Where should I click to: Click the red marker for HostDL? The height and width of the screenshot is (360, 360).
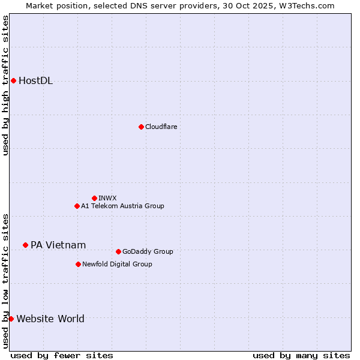[13, 80]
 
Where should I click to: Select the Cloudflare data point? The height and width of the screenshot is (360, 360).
[141, 127]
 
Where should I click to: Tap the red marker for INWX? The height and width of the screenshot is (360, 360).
[94, 198]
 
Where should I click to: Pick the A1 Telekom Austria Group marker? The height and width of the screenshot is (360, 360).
[77, 206]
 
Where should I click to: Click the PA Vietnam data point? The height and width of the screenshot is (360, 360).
[25, 245]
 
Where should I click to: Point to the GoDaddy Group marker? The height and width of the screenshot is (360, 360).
[118, 251]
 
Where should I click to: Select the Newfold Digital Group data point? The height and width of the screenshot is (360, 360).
[78, 264]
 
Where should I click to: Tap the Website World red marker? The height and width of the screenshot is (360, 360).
[11, 319]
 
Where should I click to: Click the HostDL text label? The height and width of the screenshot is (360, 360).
[36, 81]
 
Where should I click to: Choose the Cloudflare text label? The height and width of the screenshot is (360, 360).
[161, 127]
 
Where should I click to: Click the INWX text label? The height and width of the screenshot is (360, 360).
[107, 198]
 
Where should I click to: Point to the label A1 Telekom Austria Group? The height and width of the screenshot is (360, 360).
[122, 206]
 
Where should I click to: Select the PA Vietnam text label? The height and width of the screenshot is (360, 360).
[58, 245]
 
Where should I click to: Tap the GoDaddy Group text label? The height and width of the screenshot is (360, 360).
[148, 251]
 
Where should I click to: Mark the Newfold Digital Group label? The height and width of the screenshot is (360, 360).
[117, 264]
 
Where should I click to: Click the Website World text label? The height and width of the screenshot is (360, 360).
[50, 319]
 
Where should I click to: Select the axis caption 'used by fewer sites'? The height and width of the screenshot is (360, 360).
[62, 355]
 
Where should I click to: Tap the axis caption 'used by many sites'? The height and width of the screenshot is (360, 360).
[301, 355]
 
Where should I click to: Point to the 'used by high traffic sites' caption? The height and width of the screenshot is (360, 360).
[5, 85]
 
